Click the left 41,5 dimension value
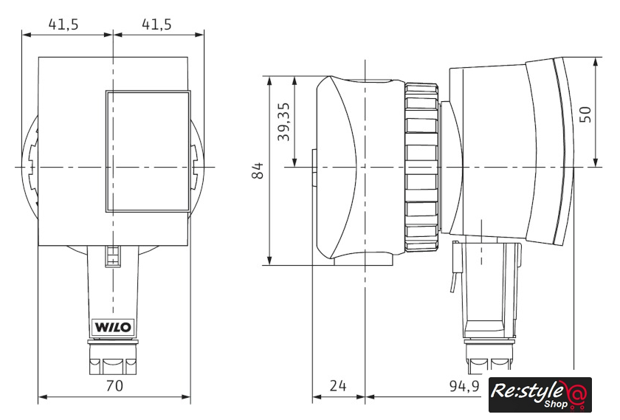(x=63, y=24)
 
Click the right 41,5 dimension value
(x=157, y=24)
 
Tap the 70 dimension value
(x=114, y=385)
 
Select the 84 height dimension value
(x=258, y=171)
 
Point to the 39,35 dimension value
(x=283, y=122)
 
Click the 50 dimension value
(x=585, y=114)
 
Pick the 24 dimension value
(x=338, y=385)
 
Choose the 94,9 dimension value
(x=464, y=385)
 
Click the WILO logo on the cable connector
(x=114, y=328)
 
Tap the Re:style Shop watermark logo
(x=540, y=395)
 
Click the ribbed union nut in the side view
(x=422, y=167)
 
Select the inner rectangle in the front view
(x=148, y=151)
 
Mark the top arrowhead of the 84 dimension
(x=269, y=81)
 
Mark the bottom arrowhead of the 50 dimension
(x=596, y=162)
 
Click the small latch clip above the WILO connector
(x=113, y=256)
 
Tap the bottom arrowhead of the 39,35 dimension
(x=294, y=162)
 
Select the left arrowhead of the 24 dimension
(x=317, y=396)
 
